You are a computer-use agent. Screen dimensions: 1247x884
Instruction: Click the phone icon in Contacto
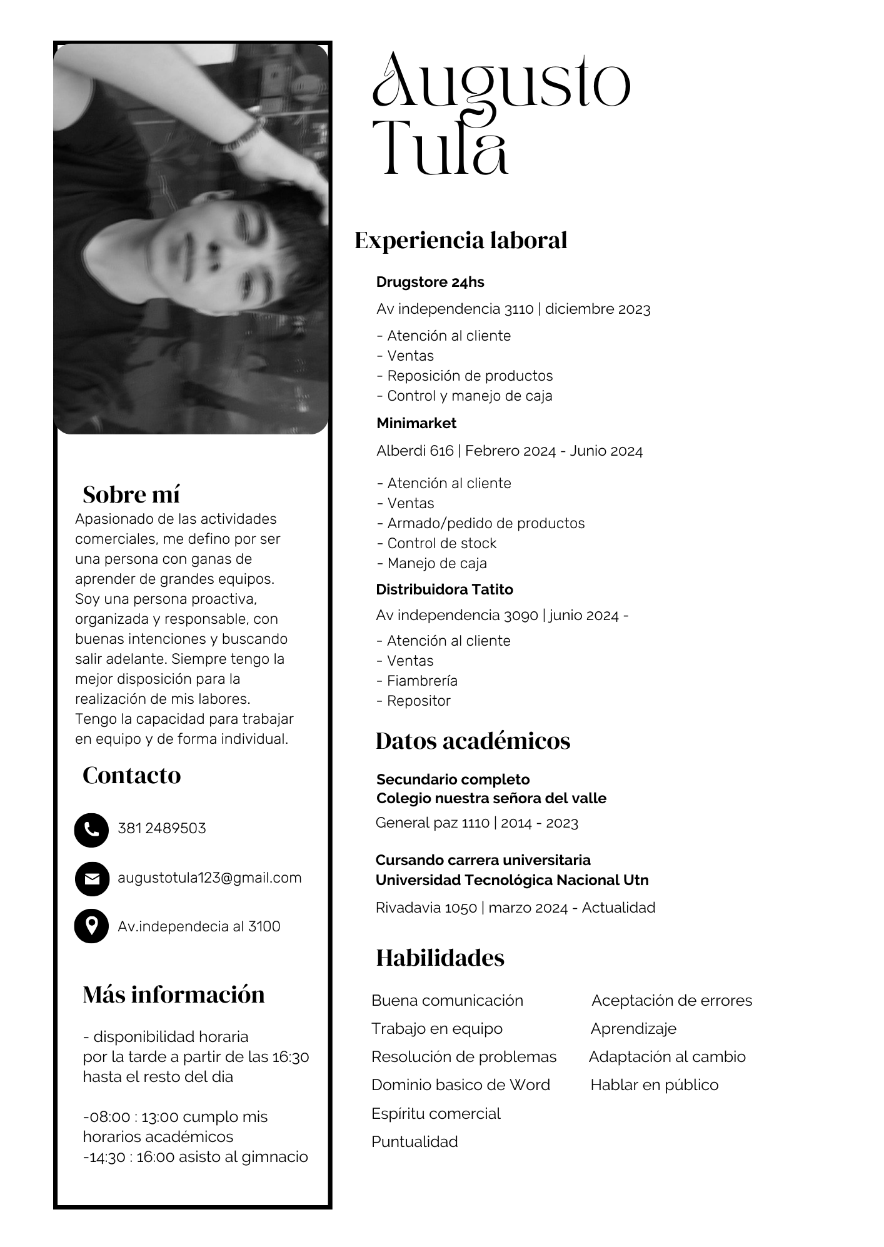91,829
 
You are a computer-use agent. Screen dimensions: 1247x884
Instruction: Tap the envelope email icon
91,879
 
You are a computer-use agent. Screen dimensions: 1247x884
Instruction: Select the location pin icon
91,926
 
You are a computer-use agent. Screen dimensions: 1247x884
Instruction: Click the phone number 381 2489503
161,828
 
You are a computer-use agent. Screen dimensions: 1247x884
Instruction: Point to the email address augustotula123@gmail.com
209,878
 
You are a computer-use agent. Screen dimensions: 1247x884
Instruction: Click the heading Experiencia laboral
461,241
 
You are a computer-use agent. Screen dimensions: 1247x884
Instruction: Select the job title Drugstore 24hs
430,282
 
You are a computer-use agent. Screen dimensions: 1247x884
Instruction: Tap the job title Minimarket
416,423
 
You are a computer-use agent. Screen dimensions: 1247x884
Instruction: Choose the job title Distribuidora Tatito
444,589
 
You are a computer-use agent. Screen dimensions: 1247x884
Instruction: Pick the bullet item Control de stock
441,543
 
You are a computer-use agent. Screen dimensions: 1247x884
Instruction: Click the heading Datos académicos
473,741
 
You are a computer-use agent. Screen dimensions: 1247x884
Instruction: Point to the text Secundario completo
453,779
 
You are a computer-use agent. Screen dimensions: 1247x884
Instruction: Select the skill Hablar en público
654,1084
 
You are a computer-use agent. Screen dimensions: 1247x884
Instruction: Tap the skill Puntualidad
414,1141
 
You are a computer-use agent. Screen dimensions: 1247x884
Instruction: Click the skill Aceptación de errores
671,1000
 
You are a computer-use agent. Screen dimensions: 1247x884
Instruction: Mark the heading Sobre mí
131,494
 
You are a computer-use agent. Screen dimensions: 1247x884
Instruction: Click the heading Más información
174,994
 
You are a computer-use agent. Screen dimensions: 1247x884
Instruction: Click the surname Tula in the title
440,148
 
